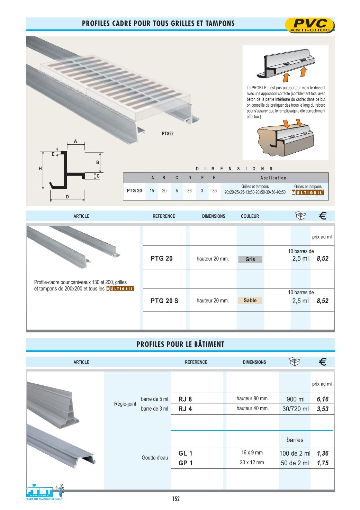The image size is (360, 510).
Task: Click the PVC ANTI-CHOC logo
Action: point(310,26)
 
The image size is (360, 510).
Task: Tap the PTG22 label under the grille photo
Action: point(168,134)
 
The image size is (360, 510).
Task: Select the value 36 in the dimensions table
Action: point(189,190)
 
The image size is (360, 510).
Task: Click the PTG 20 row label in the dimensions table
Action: point(134,190)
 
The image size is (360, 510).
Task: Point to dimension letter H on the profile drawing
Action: point(40,169)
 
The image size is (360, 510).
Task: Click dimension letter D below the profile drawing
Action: point(67,197)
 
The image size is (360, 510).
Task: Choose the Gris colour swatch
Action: point(250,259)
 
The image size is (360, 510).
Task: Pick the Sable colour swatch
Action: point(250,301)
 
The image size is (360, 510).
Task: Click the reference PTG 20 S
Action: point(164,301)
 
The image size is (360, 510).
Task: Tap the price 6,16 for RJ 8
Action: point(322,399)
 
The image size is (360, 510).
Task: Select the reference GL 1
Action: point(185,453)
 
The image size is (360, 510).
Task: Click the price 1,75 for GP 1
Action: point(322,463)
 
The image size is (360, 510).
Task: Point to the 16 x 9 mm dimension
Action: point(252,453)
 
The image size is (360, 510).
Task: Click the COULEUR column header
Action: point(250,216)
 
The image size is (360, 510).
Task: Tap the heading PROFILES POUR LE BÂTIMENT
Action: point(180,344)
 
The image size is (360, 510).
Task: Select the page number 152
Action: point(176,499)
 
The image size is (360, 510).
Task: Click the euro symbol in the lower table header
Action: point(322,362)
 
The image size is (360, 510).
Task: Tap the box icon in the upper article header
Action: point(300,216)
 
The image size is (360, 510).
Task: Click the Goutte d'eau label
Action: point(155,458)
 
